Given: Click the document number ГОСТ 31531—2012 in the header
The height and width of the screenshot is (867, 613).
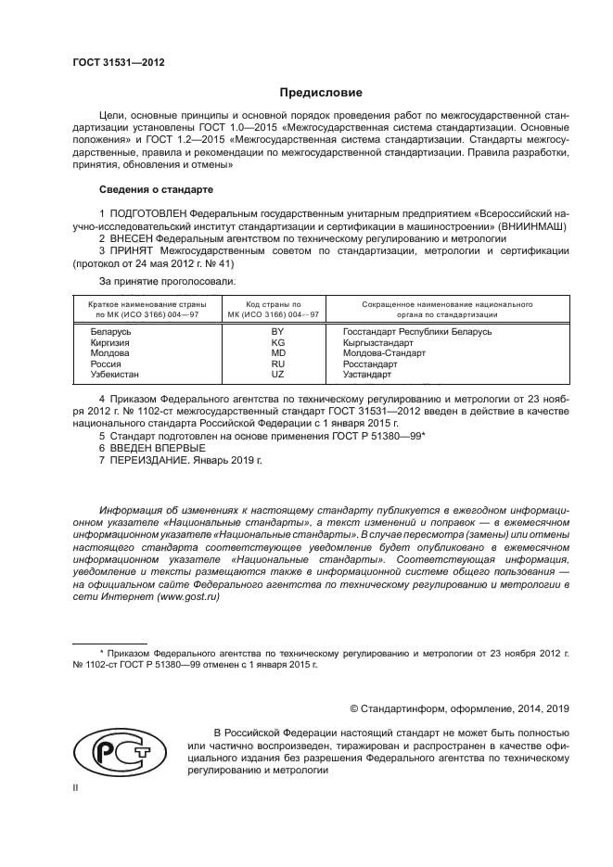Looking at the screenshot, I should coord(119,63).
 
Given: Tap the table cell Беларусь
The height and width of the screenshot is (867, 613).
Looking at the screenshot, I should coord(111,331).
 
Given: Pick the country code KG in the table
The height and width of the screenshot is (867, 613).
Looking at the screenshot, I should coord(276,342).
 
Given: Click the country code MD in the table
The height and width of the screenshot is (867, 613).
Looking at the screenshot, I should coord(276,353).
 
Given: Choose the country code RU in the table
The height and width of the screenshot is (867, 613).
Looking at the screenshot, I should coord(276,364).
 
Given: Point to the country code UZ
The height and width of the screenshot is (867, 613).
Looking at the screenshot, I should coord(276,375).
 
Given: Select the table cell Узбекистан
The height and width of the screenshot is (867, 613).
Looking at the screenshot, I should coord(115,375).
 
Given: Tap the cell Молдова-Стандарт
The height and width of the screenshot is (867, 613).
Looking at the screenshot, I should coord(384,353).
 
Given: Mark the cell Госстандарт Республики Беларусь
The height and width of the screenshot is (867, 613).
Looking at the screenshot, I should coord(416,331).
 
